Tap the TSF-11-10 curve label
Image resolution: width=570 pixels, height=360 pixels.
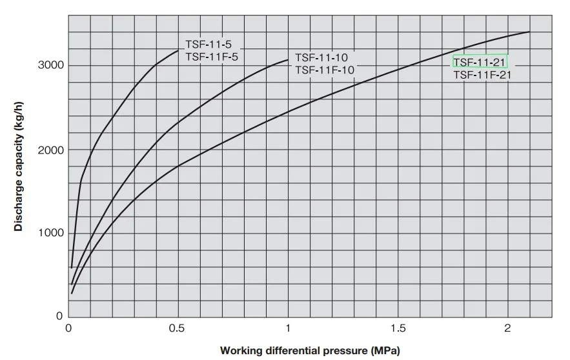tap(321, 57)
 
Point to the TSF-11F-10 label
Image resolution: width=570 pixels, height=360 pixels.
tap(324, 70)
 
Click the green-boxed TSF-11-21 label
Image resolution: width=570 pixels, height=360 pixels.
tap(480, 62)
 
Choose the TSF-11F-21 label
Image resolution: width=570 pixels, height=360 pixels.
tap(482, 75)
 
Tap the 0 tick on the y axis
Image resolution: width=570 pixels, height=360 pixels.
tap(59, 316)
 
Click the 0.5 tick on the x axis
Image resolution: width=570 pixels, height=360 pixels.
tap(178, 328)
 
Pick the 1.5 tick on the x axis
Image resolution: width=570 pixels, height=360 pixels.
tap(398, 328)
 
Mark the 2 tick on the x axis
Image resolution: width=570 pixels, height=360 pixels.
tap(507, 328)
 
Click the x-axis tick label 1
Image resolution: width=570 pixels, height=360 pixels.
tap(288, 328)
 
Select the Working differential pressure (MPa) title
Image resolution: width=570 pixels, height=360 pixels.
tap(310, 351)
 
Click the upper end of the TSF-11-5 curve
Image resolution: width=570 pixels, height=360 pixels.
tap(178, 50)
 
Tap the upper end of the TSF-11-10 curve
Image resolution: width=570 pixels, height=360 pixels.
tap(288, 60)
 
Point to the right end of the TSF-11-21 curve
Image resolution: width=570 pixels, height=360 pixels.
tap(529, 32)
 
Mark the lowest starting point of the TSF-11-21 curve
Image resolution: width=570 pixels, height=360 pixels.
tap(72, 293)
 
